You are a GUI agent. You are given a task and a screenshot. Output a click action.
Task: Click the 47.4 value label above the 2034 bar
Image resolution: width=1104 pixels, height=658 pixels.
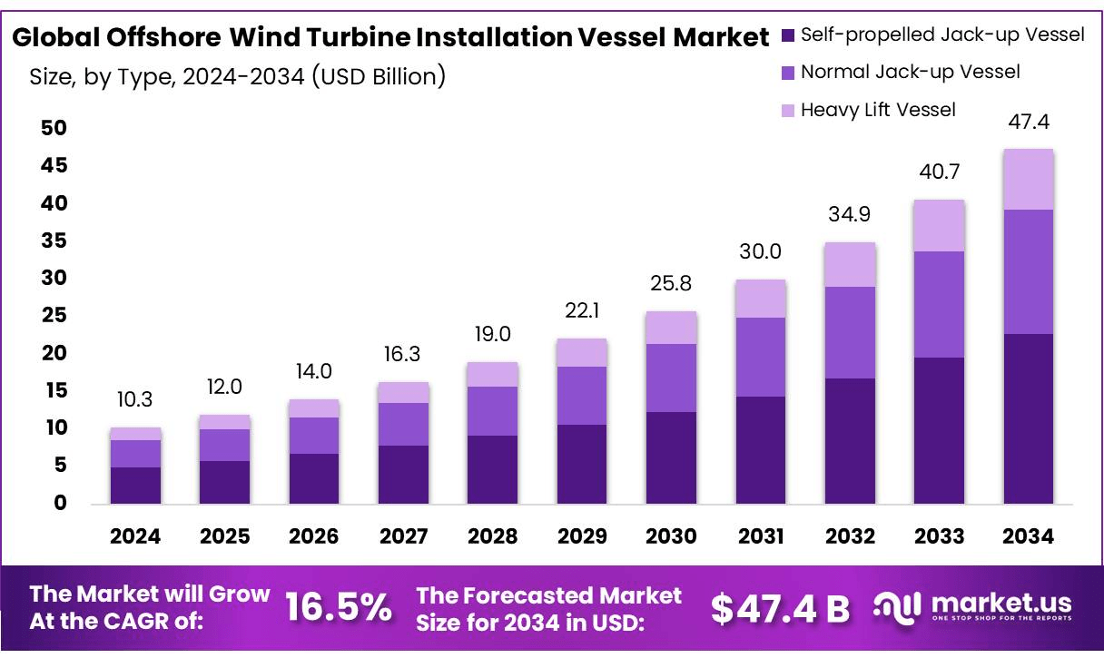point(1028,122)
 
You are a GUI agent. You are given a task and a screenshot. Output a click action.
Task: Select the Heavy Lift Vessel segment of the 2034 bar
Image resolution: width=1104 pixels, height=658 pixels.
point(1028,180)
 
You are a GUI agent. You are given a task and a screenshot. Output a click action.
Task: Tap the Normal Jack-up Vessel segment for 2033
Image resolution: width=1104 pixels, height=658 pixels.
point(939,304)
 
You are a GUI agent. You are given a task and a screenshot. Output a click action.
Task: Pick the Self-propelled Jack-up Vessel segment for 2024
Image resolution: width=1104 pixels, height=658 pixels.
point(135,485)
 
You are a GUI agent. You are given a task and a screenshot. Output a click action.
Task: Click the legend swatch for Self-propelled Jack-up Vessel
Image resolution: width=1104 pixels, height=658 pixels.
point(787,35)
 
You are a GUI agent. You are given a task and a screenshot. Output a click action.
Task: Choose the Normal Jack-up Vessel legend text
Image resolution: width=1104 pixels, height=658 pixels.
point(910,72)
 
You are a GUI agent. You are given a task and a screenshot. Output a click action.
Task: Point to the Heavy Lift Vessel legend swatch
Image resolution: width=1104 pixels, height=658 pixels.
point(787,110)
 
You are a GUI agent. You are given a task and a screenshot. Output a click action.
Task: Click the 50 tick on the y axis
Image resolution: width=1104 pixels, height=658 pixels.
point(54,128)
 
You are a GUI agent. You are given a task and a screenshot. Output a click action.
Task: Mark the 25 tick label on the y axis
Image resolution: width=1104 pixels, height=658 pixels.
point(54,315)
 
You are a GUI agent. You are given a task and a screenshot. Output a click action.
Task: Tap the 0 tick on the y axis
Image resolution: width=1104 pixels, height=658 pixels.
point(59,503)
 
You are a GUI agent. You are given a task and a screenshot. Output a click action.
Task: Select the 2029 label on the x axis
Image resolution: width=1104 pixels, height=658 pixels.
point(582,536)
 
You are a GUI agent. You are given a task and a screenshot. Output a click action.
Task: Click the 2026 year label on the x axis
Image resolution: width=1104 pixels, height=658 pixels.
point(314,536)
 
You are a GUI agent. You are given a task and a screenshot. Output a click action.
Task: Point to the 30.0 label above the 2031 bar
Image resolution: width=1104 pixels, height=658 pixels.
point(760,251)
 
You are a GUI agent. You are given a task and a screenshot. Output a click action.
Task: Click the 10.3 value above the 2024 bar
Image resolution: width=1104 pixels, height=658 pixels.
point(135,399)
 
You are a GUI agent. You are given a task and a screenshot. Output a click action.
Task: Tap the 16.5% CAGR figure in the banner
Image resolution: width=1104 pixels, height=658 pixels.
point(339,608)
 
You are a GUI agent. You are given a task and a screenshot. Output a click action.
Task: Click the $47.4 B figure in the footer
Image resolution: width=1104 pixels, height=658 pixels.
point(780,609)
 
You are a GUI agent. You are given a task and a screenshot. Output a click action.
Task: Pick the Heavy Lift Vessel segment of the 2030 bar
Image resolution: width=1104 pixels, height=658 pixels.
point(671,328)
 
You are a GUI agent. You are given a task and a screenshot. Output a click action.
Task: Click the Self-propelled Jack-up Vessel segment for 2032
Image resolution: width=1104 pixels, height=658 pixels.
point(850,440)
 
